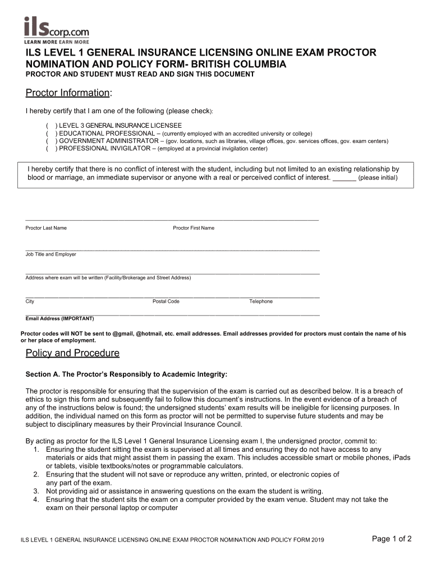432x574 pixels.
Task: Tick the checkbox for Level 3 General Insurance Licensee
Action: [50, 126]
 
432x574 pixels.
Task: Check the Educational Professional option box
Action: [50, 133]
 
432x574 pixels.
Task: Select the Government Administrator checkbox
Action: [50, 141]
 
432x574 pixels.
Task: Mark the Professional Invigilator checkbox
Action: [50, 149]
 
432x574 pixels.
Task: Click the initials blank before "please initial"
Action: [344, 178]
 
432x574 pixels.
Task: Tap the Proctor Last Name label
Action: [46, 228]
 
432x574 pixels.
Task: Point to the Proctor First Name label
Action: [194, 228]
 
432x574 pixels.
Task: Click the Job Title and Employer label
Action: [50, 254]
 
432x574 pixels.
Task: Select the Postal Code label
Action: [166, 302]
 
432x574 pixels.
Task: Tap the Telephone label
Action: [261, 302]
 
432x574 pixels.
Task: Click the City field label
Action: [30, 302]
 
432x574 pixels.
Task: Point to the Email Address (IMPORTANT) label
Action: [59, 318]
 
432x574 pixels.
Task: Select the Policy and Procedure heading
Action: [72, 353]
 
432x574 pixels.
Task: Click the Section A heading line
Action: [127, 374]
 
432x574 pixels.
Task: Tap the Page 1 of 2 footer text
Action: [392, 539]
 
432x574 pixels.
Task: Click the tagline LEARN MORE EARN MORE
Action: [56, 41]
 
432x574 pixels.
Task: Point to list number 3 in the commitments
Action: [35, 491]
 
